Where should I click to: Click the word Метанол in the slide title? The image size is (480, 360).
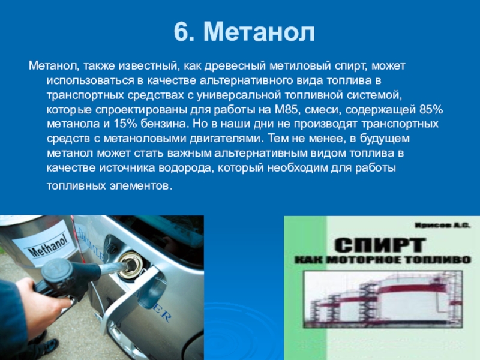pyautogui.click(x=259, y=32)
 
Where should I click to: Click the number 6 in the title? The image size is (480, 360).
pyautogui.click(x=181, y=32)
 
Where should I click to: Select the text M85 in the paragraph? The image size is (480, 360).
pyautogui.click(x=286, y=110)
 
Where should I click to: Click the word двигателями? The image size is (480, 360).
pyautogui.click(x=227, y=139)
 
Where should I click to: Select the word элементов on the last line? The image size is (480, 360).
pyautogui.click(x=141, y=186)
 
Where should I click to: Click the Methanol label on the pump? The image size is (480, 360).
pyautogui.click(x=48, y=246)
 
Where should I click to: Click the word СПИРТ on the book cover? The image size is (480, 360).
pyautogui.click(x=380, y=245)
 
